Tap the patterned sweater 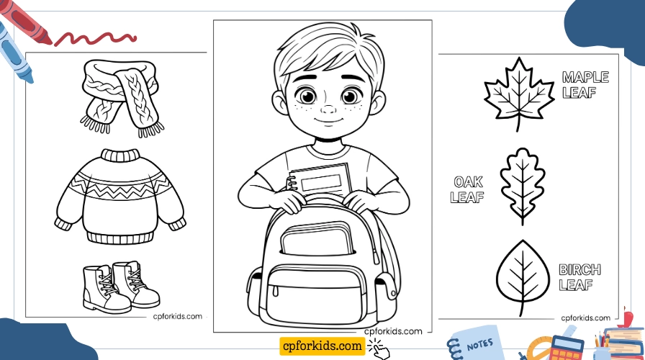(x=119, y=196)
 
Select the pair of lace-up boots (x=119, y=287)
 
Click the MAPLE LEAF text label (x=585, y=85)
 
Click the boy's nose (x=328, y=110)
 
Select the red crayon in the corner (x=29, y=22)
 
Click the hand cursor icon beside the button (x=379, y=348)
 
